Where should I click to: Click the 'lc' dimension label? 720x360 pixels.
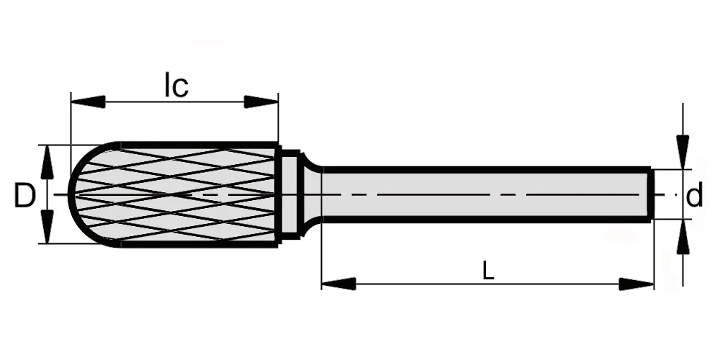point(176,86)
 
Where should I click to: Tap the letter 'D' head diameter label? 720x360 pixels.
point(24,195)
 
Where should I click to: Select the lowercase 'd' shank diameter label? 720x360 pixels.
point(694,195)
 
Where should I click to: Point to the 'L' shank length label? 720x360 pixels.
point(488,271)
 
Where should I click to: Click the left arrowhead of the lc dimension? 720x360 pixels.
point(88,102)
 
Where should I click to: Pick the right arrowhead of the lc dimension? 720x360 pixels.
point(261,102)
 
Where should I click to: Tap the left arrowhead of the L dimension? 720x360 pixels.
point(339,284)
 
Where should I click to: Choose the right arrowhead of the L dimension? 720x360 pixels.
point(636,284)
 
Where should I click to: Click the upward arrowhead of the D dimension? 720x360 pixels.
point(47,162)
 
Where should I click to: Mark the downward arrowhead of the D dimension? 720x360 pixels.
point(47,227)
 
